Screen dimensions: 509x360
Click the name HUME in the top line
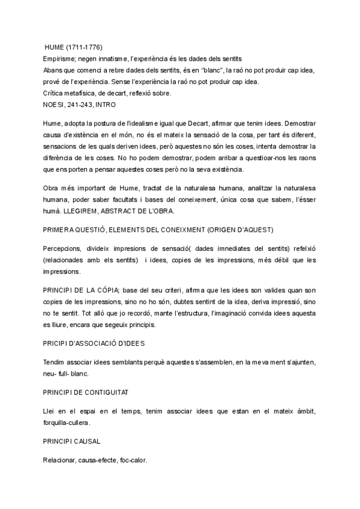[x=56, y=47]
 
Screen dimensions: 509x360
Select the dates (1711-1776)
[x=89, y=47]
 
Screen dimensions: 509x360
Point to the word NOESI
[x=55, y=104]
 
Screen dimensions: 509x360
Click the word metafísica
[x=80, y=92]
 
